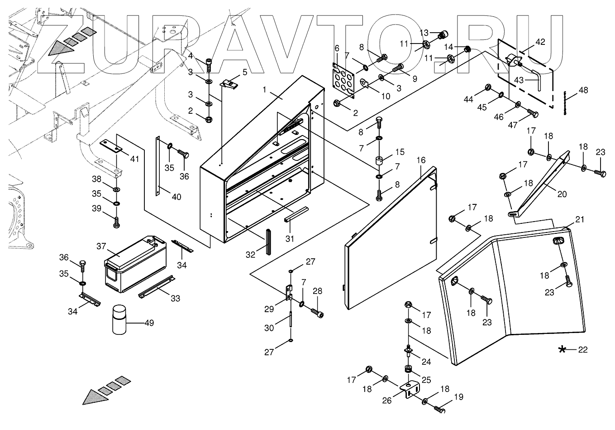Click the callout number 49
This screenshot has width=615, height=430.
click(149, 323)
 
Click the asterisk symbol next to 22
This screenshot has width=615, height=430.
click(563, 349)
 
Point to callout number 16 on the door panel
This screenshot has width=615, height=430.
click(421, 160)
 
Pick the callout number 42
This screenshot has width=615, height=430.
click(540, 42)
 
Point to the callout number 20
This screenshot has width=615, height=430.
click(562, 194)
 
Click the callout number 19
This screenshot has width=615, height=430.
click(458, 397)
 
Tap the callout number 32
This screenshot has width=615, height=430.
click(251, 255)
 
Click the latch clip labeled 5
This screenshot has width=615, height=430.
click(229, 83)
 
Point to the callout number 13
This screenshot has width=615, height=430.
click(424, 33)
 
